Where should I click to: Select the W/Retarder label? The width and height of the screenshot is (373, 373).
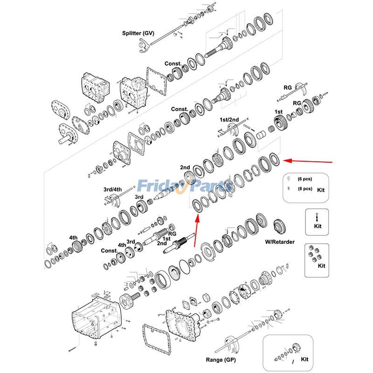pyautogui.click(x=280, y=242)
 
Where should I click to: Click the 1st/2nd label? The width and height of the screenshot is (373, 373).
pyautogui.click(x=229, y=120)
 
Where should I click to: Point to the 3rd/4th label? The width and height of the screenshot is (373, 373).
pyautogui.click(x=112, y=189)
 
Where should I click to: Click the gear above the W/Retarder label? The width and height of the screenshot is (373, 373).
pyautogui.click(x=280, y=227)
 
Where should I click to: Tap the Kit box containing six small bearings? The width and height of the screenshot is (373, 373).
pyautogui.click(x=317, y=260)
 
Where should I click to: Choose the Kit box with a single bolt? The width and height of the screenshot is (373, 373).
pyautogui.click(x=317, y=222)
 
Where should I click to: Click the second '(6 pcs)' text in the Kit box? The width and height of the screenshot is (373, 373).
pyautogui.click(x=304, y=189)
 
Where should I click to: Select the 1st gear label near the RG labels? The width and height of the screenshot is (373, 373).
pyautogui.click(x=278, y=112)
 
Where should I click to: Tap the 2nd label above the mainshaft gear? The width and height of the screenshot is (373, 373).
pyautogui.click(x=185, y=167)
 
